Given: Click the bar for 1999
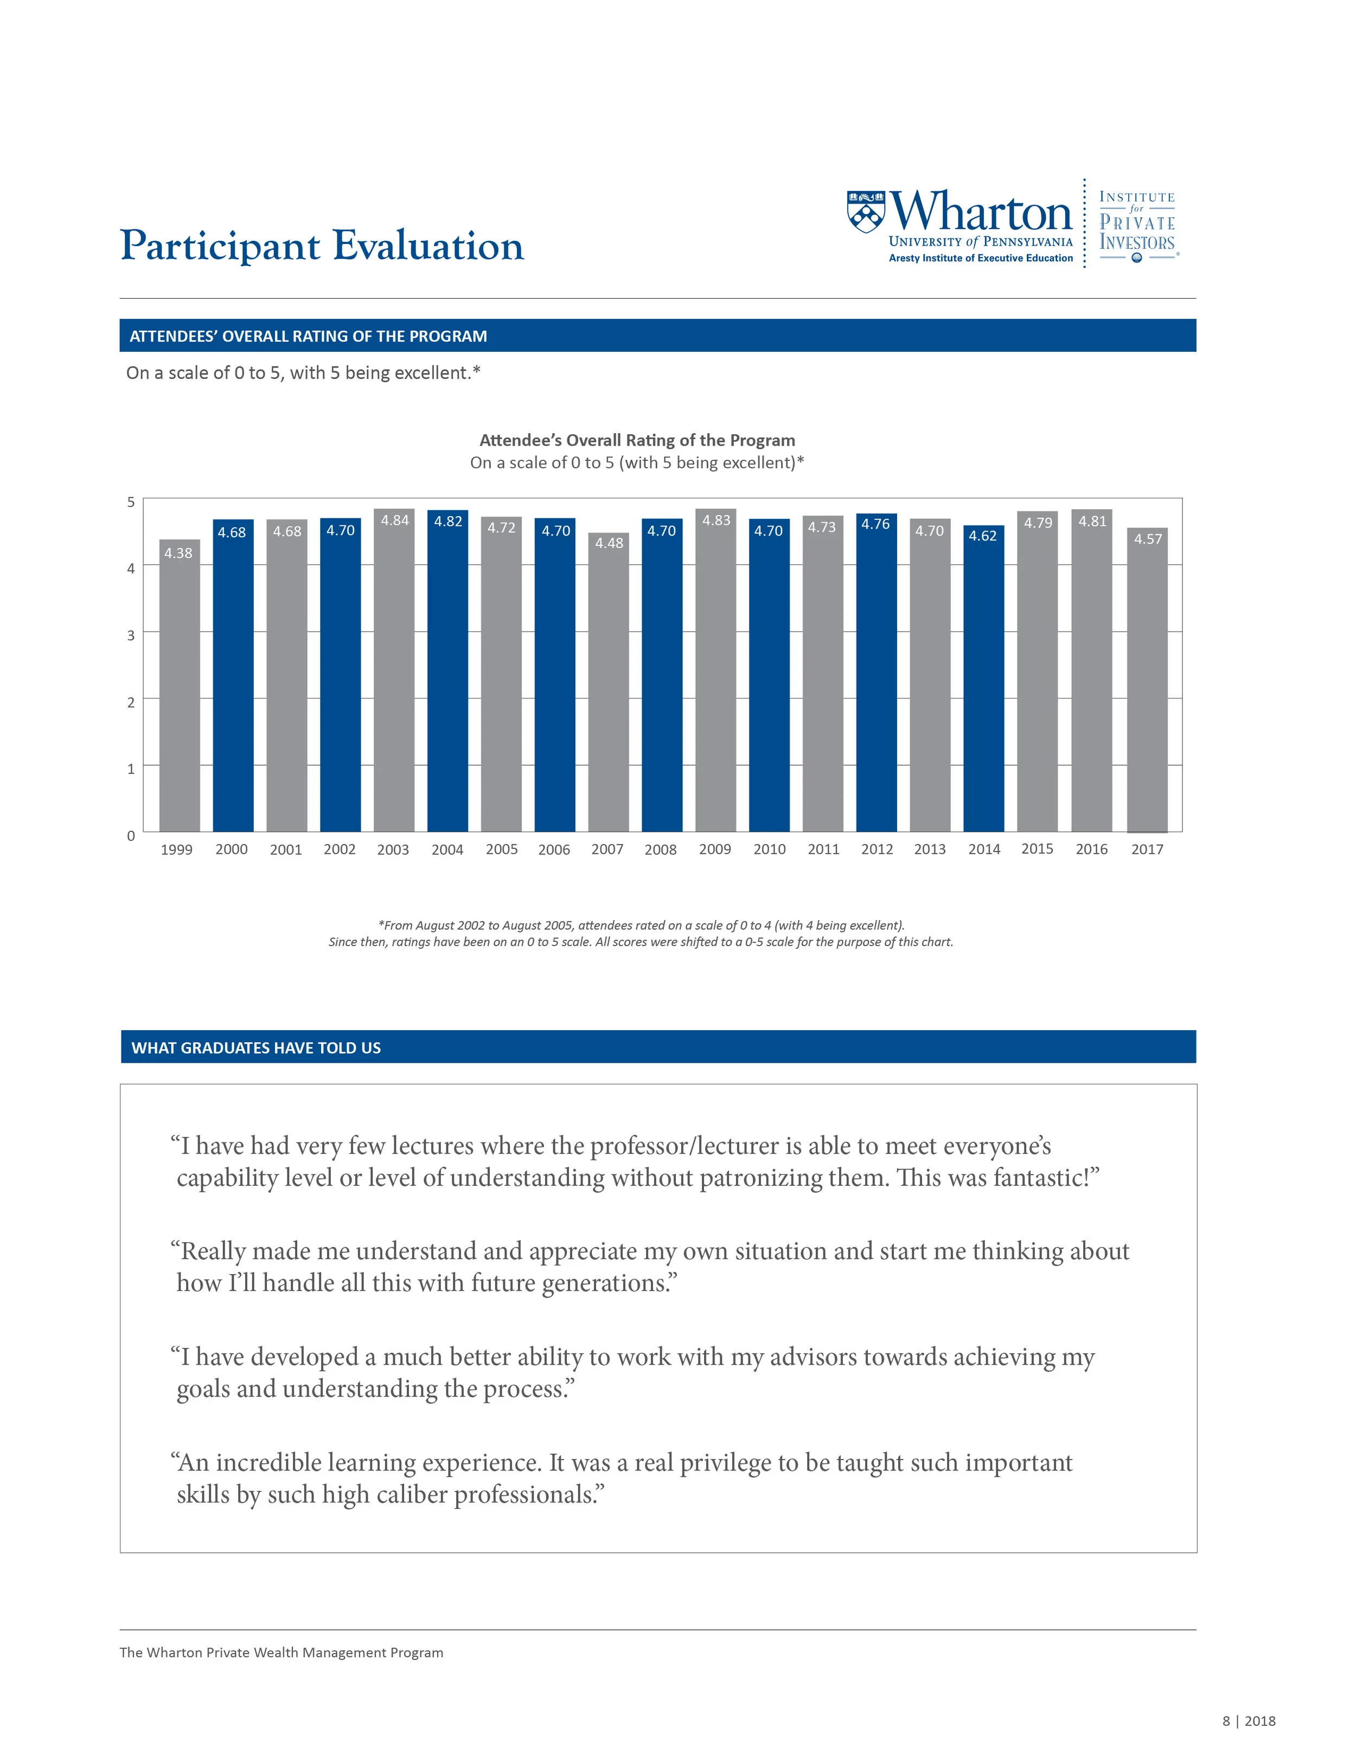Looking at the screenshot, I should coord(179,691).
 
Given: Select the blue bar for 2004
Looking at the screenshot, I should coord(447,674).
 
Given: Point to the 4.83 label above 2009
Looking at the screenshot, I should coord(716,521).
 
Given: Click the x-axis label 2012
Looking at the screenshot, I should coord(877,850).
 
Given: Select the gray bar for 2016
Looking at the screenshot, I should coord(1092,674).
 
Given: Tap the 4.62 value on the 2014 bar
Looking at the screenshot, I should coord(982,536).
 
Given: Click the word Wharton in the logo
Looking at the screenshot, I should coord(982,211).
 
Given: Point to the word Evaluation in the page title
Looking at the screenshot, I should coord(427,246).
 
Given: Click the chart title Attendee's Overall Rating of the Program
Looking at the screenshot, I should coord(637,440).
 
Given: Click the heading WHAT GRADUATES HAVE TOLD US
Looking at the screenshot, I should coord(256,1048).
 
